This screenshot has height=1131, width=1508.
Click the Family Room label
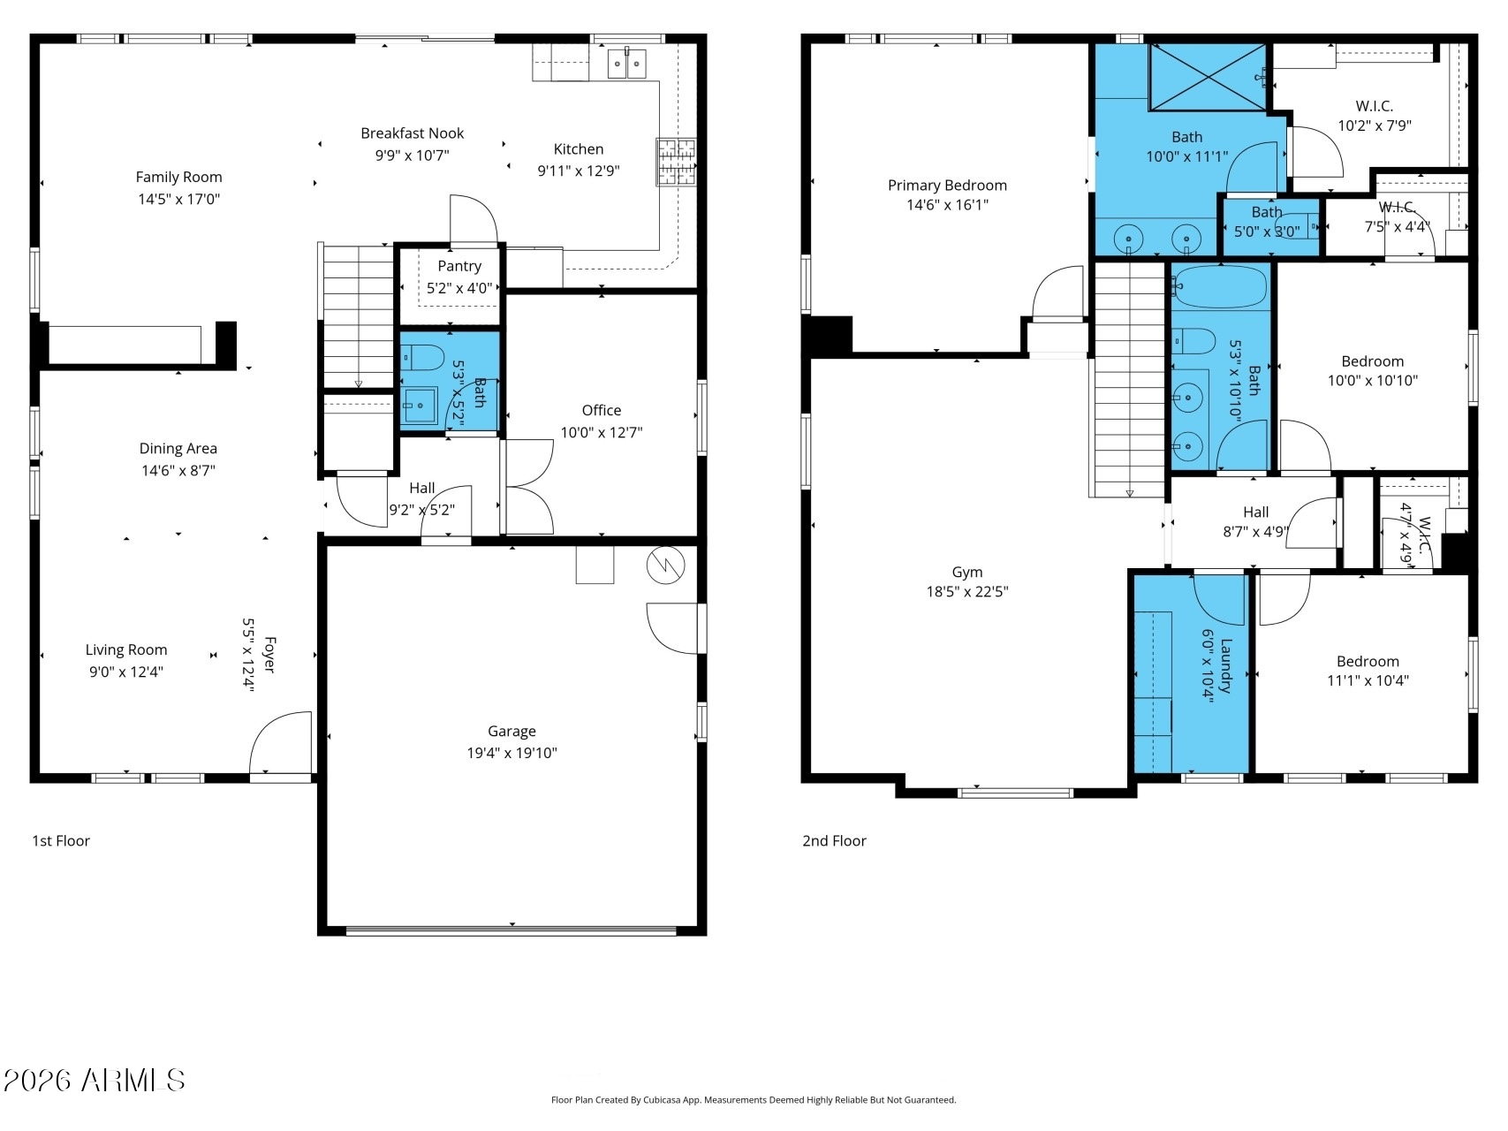[x=178, y=177]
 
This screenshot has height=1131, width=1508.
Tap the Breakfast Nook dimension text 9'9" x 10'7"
[x=412, y=156]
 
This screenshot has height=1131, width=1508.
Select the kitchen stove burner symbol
[x=676, y=162]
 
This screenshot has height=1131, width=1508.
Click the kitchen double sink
[x=626, y=64]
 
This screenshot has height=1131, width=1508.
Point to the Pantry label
[x=459, y=266]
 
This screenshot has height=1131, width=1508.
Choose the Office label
[x=602, y=410]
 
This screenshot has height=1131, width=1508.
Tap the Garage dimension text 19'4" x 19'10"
[x=512, y=753]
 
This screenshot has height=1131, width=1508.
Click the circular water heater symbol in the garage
[x=666, y=565]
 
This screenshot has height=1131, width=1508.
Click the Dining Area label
[x=178, y=448]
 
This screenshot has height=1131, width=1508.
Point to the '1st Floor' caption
[x=61, y=841]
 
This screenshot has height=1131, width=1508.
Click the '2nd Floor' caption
[x=834, y=841]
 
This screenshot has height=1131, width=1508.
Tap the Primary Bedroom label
[x=947, y=186]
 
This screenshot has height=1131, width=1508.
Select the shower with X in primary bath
[x=1208, y=77]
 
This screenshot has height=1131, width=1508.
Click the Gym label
[x=967, y=573]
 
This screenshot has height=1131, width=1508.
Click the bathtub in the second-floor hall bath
[x=1220, y=287]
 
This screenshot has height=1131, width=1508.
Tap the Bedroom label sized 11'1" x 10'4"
[x=1368, y=662]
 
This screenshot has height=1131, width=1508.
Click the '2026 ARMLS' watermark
[x=95, y=1080]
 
